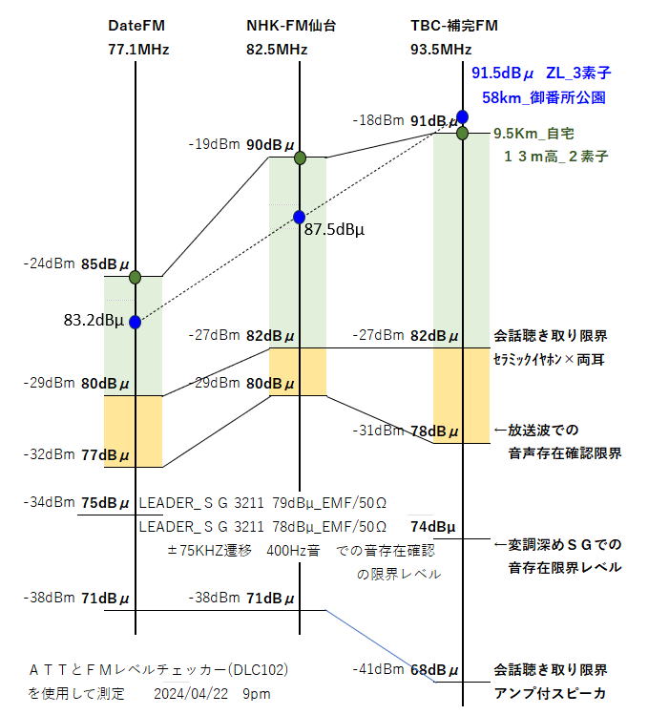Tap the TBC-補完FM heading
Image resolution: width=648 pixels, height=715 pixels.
(x=454, y=26)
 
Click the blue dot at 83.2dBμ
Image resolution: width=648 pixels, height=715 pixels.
(x=135, y=323)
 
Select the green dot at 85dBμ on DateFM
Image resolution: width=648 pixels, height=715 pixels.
(x=135, y=277)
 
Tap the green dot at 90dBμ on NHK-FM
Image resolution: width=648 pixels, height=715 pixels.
(x=299, y=157)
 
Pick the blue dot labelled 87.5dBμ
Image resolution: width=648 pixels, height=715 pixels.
(x=299, y=217)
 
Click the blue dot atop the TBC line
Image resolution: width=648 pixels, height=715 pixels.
(x=462, y=116)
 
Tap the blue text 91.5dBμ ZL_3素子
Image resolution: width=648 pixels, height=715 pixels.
(x=541, y=73)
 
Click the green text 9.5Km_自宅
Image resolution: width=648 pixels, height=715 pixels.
(x=534, y=134)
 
